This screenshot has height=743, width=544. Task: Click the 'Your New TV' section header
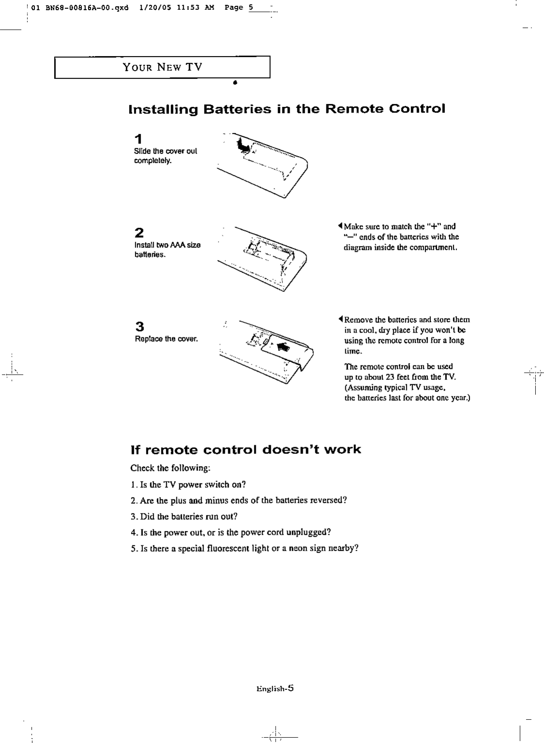coord(162,67)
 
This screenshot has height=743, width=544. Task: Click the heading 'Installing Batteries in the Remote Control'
coord(286,109)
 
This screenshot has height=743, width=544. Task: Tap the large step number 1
coord(138,139)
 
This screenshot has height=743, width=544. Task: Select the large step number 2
coord(139,233)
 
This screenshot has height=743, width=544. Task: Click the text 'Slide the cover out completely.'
coord(165,155)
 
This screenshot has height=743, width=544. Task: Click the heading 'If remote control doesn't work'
coord(246,450)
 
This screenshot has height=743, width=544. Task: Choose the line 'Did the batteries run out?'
coord(184,516)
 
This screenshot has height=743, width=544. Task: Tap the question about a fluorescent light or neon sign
coord(244,548)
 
